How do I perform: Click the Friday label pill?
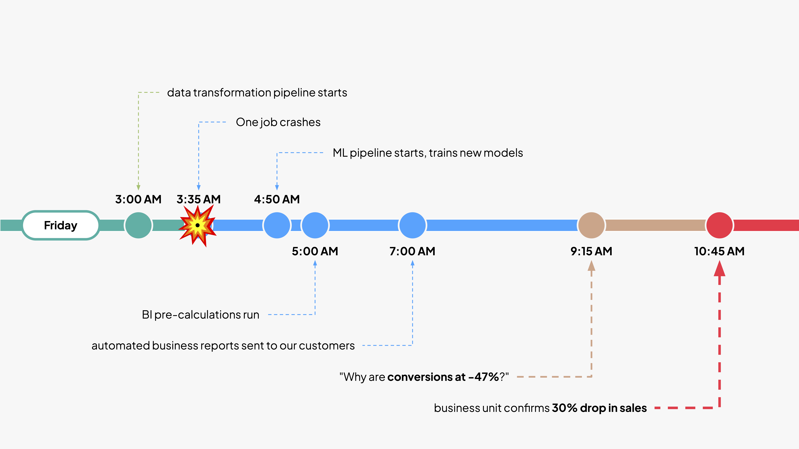[60, 225]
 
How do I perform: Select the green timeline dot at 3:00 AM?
[138, 225]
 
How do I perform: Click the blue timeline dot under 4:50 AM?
[277, 225]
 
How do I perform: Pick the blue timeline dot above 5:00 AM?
[315, 225]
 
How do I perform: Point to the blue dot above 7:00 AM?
[412, 225]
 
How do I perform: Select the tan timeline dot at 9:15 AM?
[591, 225]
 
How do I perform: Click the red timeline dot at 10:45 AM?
[719, 225]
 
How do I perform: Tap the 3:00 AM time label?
[138, 199]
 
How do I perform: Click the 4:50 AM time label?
[277, 199]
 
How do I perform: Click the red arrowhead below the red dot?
[719, 269]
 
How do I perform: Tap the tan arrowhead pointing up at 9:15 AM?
[591, 266]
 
